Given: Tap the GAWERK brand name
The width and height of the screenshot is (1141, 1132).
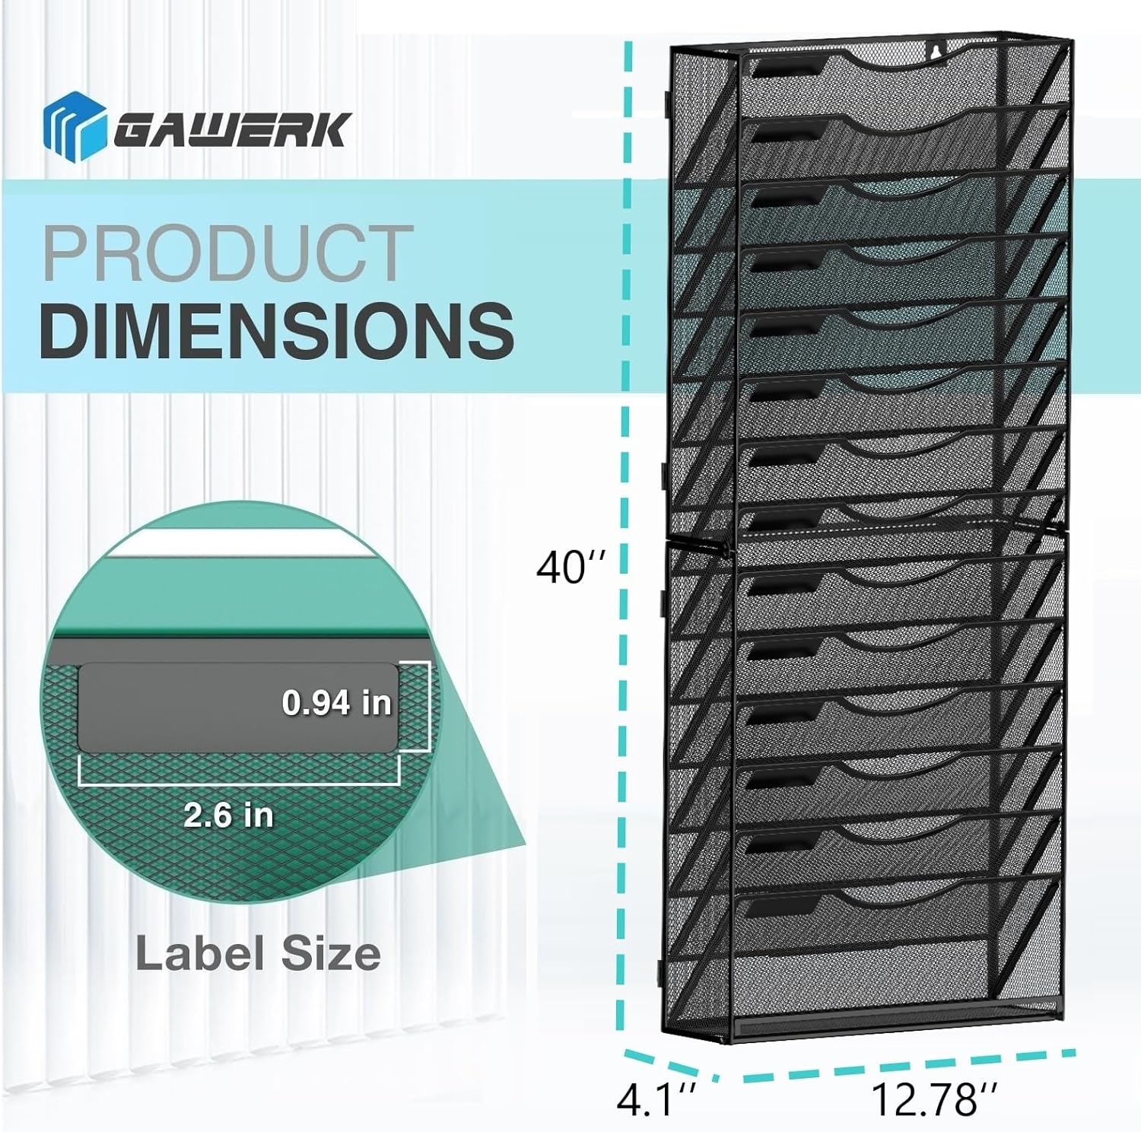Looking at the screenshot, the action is [x=233, y=129].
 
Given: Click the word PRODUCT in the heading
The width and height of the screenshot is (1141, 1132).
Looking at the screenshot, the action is [x=227, y=253].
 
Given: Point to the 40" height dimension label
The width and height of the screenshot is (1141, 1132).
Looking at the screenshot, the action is [x=572, y=567].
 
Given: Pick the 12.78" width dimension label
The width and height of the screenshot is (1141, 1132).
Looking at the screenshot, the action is [x=934, y=1099].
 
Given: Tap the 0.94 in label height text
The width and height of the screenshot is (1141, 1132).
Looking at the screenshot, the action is [x=337, y=702].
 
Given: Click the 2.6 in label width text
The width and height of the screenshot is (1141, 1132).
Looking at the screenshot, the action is [x=228, y=816].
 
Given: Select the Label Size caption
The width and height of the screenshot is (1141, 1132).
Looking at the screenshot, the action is [x=258, y=954].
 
